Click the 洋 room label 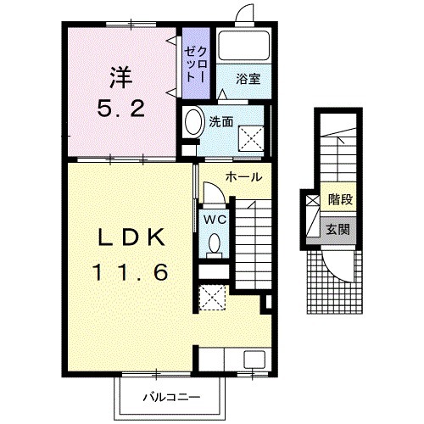click(x=121, y=78)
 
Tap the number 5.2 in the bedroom click(x=121, y=109)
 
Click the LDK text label click(x=131, y=237)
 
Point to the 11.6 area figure click(x=131, y=272)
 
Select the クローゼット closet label click(x=196, y=64)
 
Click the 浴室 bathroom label click(x=248, y=79)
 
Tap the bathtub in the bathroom click(x=244, y=46)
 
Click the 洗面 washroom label click(x=221, y=122)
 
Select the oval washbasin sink click(x=194, y=122)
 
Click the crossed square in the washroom click(x=251, y=138)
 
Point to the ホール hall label click(x=243, y=177)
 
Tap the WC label click(x=215, y=220)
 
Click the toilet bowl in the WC click(x=215, y=243)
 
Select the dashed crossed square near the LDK click(x=212, y=298)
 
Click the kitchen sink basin click(x=254, y=360)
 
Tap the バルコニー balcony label click(x=171, y=398)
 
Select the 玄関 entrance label click(x=338, y=229)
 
